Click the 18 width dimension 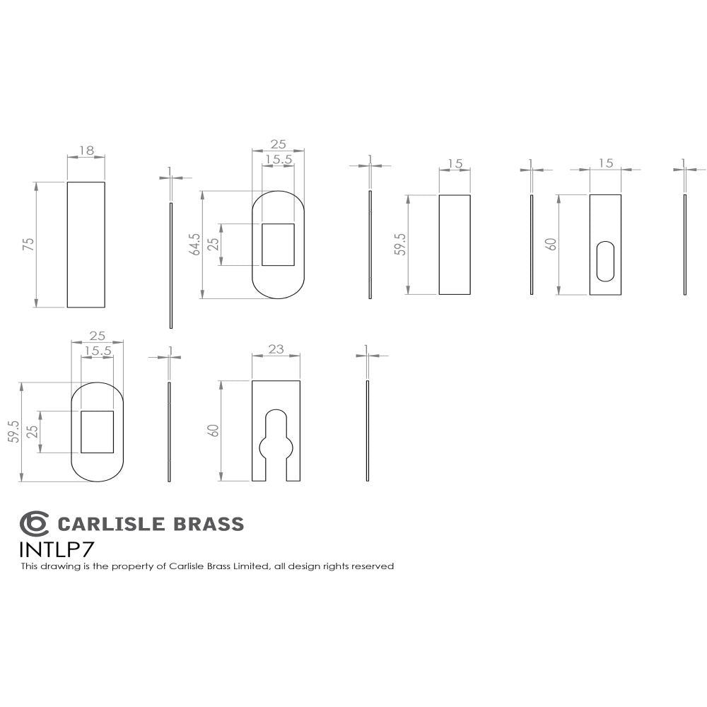coord(86,151)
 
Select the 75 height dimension coord(29,245)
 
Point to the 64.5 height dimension coord(196,245)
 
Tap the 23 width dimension coord(276,349)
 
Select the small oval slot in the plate coord(605,261)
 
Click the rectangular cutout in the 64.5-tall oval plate coord(278,245)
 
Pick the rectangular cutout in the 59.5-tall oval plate coord(97,431)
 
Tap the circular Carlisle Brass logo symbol coord(34,524)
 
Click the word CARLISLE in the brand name coord(110,524)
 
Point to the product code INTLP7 coord(56,549)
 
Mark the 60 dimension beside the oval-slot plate coord(551,245)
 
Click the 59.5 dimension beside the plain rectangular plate coord(400,245)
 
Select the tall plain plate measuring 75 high coord(86,245)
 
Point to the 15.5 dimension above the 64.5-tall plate coord(278,160)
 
